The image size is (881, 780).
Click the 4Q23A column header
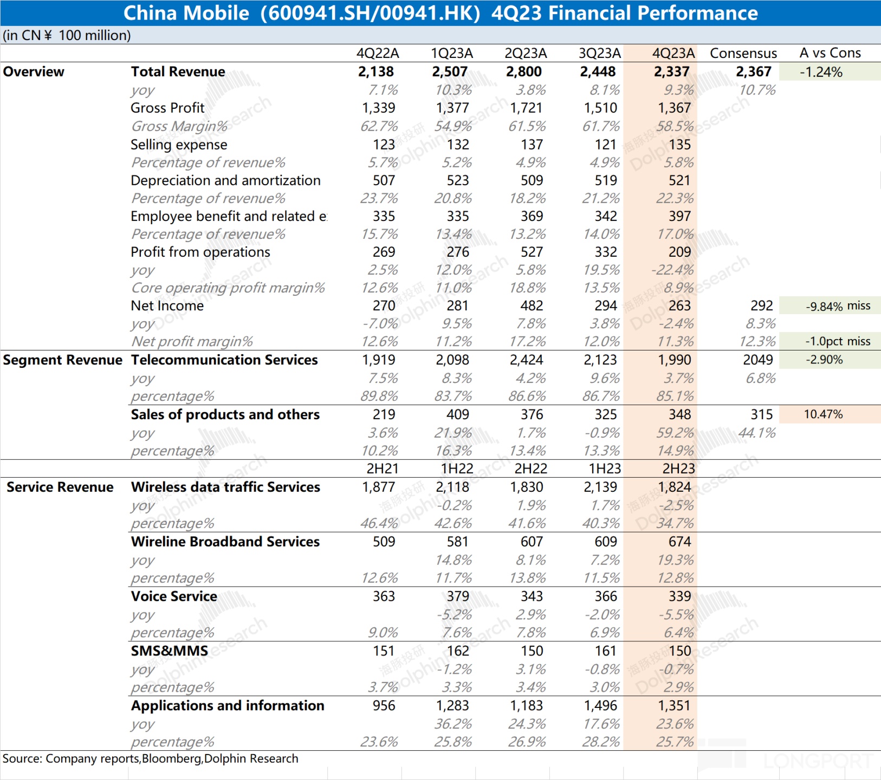673,53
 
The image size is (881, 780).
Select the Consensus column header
743,53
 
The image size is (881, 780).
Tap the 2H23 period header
678,469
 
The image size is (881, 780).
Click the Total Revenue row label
178,71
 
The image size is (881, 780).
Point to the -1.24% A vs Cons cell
821,72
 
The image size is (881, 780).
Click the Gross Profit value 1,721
526,108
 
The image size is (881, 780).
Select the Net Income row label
167,305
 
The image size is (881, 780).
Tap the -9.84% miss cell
838,306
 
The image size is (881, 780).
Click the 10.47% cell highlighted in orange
823,414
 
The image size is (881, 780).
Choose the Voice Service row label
174,596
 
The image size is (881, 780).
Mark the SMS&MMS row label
169,651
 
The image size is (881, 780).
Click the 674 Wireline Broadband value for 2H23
679,542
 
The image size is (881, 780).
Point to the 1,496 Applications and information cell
600,706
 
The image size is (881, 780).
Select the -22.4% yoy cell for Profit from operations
675,270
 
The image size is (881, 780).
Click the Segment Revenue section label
62,360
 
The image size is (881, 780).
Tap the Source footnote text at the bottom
150,758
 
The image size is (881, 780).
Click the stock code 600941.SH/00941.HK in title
370,13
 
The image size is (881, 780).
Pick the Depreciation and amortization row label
225,180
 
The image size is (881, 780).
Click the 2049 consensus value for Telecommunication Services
757,360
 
